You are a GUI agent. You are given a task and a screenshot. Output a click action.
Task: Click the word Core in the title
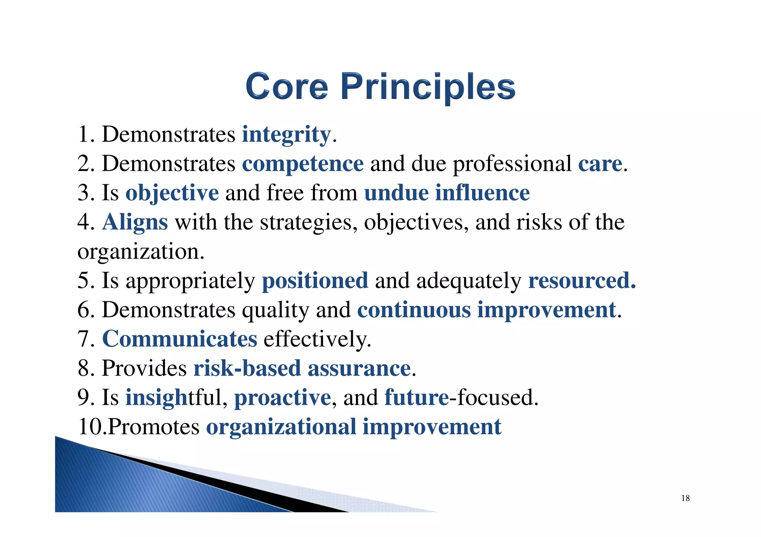click(286, 86)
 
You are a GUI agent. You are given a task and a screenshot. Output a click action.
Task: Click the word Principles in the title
click(428, 87)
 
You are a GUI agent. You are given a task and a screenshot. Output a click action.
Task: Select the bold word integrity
click(286, 134)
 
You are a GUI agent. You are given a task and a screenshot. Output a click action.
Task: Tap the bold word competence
click(303, 164)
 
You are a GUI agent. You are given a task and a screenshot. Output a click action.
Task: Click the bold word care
click(600, 164)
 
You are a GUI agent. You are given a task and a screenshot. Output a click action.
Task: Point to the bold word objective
click(172, 193)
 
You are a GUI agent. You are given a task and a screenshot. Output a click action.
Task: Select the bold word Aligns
click(135, 222)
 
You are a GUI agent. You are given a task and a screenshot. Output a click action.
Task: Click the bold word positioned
click(315, 281)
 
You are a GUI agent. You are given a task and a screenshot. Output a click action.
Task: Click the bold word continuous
click(414, 310)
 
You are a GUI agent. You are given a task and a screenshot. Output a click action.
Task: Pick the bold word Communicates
click(179, 339)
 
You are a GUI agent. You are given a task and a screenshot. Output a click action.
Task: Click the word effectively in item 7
click(317, 339)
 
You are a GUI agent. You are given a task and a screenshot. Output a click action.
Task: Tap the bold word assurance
click(359, 368)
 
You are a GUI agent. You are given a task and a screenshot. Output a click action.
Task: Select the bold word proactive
click(282, 397)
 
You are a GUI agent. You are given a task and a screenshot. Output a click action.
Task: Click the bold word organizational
click(281, 427)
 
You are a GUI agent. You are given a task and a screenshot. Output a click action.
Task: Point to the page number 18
click(685, 498)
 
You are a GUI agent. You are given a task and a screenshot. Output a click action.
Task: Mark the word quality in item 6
click(275, 310)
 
